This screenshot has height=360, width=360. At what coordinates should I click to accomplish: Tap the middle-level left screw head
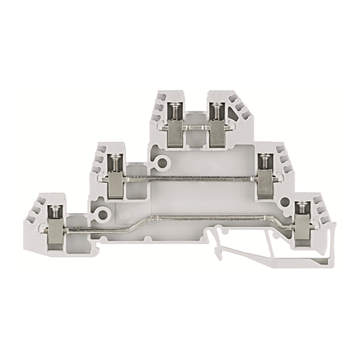tap(115, 161)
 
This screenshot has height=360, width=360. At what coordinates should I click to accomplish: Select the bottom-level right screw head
tap(302, 210)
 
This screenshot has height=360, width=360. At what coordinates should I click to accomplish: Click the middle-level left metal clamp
tap(115, 185)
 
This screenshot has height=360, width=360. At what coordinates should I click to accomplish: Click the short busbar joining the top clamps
tap(194, 128)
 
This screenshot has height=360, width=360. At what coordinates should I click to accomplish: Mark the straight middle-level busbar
tap(191, 178)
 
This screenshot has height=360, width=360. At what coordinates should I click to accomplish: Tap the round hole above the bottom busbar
tap(104, 214)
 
